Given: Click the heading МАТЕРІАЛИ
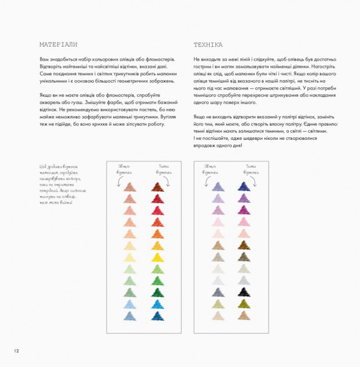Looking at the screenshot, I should (58, 44).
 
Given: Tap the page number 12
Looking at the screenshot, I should (16, 351).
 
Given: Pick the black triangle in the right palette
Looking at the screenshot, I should (243, 277).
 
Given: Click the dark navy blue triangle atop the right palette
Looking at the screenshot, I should (243, 186).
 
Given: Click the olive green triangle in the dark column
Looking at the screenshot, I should (243, 303).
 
